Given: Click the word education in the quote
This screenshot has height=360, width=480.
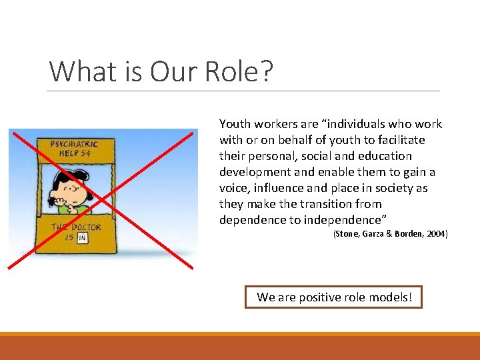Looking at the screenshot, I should pyautogui.click(x=385, y=156).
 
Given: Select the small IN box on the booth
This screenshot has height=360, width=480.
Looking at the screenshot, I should pyautogui.click(x=83, y=238).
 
